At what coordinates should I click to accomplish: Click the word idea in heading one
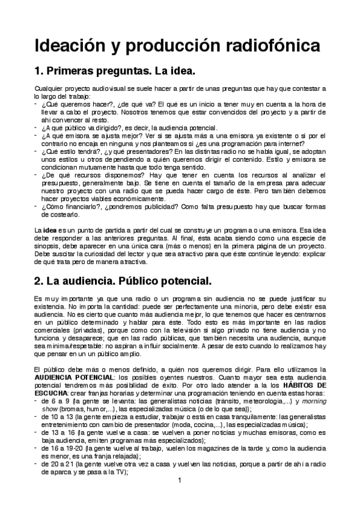coord(180,73)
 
